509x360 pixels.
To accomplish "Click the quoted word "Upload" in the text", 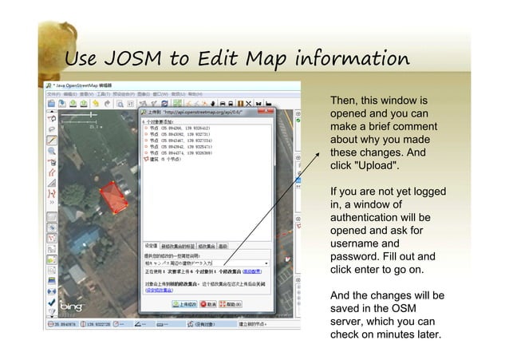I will pos(372,164).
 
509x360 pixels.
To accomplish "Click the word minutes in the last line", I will pos(400,334).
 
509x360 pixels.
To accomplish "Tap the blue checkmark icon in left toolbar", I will pos(51,304).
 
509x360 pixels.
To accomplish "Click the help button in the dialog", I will pos(235,304).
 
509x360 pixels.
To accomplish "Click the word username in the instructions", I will pos(357,243).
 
